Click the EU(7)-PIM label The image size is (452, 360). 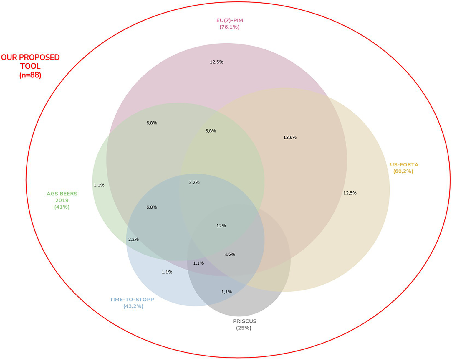[229, 21]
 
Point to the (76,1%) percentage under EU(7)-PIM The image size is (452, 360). [229, 27]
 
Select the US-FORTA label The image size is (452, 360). [404, 165]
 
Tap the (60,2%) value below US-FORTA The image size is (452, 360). [403, 171]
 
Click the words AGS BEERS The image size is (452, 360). [62, 194]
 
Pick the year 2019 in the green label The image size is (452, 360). [62, 200]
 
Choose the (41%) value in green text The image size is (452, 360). [62, 207]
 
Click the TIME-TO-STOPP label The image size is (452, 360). [132, 300]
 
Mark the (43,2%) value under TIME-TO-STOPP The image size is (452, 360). [133, 306]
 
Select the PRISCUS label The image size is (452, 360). [244, 321]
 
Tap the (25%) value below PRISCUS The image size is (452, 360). [244, 328]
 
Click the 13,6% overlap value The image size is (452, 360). [290, 138]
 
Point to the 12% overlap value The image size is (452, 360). [221, 226]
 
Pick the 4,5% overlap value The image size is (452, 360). [230, 255]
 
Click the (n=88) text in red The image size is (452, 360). [30, 75]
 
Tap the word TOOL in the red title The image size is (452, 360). [30, 66]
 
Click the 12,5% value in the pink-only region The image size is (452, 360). [216, 62]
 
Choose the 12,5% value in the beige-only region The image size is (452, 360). [350, 193]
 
